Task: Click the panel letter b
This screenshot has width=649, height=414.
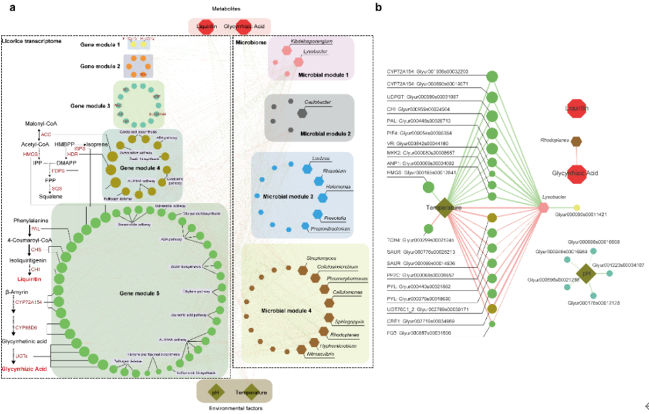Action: [x=378, y=7]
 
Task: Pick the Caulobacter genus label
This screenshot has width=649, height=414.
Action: [x=323, y=103]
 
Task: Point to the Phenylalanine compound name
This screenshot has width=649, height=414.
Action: [x=32, y=219]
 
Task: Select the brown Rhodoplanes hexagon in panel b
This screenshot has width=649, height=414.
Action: [x=577, y=141]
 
